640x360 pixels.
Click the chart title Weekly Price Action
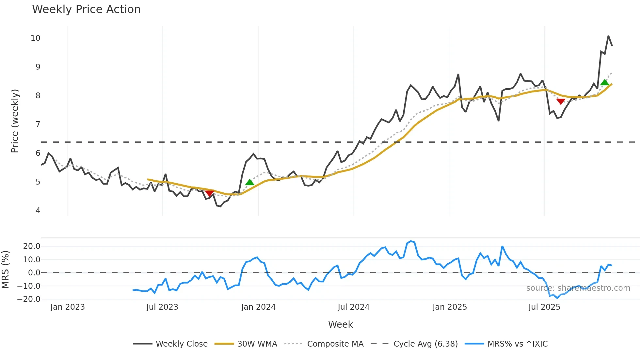pos(86,9)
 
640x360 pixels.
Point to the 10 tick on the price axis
pos(36,38)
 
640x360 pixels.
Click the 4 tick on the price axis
pos(38,211)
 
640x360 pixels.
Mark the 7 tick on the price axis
pos(38,124)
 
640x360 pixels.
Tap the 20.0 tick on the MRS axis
pos(32,246)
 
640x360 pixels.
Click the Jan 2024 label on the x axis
pos(258,307)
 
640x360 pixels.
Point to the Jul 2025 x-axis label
pos(544,307)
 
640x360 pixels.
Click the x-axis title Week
pos(340,324)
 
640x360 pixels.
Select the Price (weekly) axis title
pos(15,121)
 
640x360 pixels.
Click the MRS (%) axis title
pos(5,270)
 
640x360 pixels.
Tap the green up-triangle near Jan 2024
pos(249,182)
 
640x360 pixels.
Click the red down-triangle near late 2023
pos(210,193)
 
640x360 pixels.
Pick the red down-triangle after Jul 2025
pos(561,102)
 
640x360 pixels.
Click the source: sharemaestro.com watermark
pos(578,288)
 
